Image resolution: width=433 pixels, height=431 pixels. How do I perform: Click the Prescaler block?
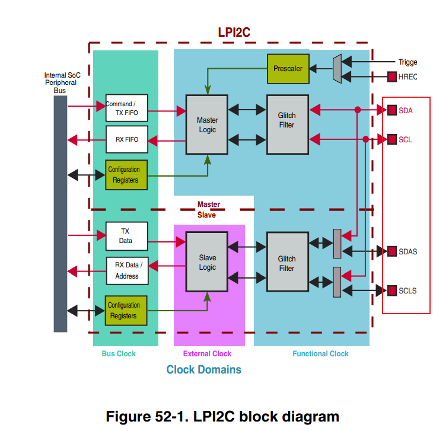coord(288,69)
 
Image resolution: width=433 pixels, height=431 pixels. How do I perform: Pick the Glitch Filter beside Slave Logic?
coord(287,263)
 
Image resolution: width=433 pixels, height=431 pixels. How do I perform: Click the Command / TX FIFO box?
coord(126,108)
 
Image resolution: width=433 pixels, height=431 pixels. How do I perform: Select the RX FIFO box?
coord(126,139)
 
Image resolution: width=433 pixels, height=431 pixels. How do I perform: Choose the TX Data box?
coord(126,236)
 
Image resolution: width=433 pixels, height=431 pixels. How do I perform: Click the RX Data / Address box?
coord(126,271)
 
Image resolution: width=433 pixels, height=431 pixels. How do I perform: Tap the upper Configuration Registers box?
coord(126,175)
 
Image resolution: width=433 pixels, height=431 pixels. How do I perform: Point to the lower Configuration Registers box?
coord(126,311)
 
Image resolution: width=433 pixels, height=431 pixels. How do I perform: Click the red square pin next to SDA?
coord(392,110)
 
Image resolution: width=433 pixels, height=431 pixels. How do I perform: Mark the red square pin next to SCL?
coord(392,139)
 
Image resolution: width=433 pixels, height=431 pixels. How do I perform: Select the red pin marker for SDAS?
coord(392,251)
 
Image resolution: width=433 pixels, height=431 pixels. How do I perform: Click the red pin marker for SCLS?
coord(392,290)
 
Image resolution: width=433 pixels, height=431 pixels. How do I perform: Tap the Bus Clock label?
coord(119,354)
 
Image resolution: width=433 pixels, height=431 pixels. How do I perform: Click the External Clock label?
coord(207,354)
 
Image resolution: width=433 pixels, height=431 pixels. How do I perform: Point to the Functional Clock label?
coord(320,354)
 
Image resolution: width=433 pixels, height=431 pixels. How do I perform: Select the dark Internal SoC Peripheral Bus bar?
coord(61,213)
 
